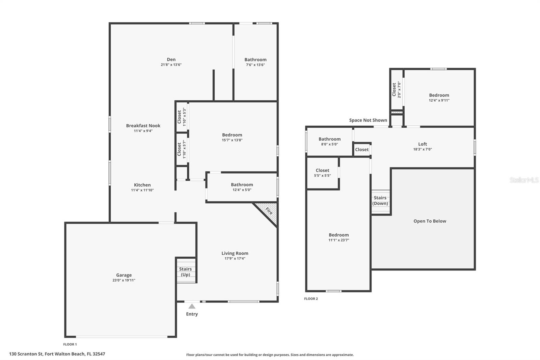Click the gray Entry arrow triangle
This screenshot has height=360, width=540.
tap(192, 306)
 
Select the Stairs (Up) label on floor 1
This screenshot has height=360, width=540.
tap(185, 272)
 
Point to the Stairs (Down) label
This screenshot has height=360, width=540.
tap(380, 201)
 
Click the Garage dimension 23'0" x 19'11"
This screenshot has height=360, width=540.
tap(124, 280)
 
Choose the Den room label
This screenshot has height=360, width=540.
tap(171, 59)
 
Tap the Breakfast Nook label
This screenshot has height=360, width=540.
tap(143, 126)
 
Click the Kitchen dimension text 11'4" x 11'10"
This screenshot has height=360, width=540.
tap(142, 190)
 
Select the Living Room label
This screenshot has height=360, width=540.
tap(235, 253)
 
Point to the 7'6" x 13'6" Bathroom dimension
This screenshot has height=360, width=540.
tap(255, 65)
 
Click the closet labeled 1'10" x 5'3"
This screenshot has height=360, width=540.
tap(182, 117)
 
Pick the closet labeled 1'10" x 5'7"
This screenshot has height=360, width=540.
tap(182, 149)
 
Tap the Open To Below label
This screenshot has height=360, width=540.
tap(430, 221)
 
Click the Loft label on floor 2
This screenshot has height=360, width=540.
tap(423, 144)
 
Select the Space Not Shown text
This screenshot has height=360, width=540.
tap(368, 120)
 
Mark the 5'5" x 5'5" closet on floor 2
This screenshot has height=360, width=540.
tap(322, 173)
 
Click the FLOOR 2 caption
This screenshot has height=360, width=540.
tap(311, 299)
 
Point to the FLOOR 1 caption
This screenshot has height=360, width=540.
tap(70, 344)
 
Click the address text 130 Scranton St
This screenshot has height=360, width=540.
tap(26, 354)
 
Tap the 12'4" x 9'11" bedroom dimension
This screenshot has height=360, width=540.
tap(439, 100)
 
